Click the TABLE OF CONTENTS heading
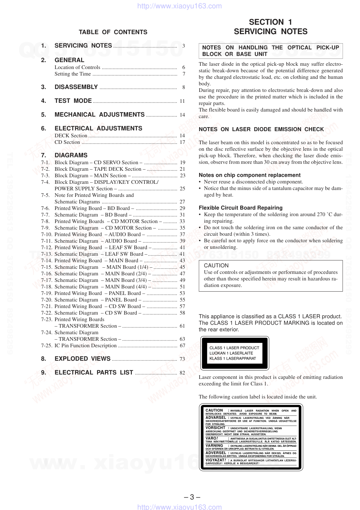pos(113,32)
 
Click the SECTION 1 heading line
pos(270,22)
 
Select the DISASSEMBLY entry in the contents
pos(76,87)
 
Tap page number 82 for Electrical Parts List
pos(182,373)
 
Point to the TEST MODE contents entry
pos(73,101)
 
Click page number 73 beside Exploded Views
pos(182,359)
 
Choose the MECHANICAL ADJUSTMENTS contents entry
pos(99,115)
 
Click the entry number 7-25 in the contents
pos(46,345)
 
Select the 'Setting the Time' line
pos(73,74)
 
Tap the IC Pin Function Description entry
pos(86,345)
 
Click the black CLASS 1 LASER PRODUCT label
pos(234,353)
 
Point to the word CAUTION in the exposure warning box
pos(216,266)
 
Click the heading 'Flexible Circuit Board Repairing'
pos(241,208)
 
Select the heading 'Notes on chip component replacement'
pos(250,175)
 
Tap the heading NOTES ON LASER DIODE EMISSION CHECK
pos(261,129)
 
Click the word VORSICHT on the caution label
pos(216,428)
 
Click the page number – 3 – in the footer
pos(192,497)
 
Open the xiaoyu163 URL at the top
pos(180,6)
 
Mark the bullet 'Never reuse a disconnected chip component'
pos(253,182)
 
